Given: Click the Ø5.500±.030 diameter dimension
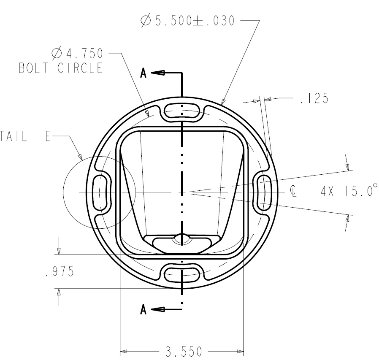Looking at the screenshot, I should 187,21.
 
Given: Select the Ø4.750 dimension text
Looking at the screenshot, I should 79,54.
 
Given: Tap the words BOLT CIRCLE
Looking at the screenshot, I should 61,68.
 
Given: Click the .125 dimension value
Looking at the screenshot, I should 314,99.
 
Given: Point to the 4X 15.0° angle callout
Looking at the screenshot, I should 348,192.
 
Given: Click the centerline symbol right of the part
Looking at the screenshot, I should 293,192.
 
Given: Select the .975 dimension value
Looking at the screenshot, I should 59,272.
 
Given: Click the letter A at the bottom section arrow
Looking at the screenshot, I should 143,310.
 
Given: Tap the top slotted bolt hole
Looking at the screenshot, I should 182,111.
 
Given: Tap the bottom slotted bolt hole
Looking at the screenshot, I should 182,273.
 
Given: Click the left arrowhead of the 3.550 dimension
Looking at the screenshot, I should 124,351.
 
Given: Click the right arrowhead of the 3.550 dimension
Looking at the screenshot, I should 241,351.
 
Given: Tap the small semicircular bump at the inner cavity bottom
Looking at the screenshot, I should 182,238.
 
